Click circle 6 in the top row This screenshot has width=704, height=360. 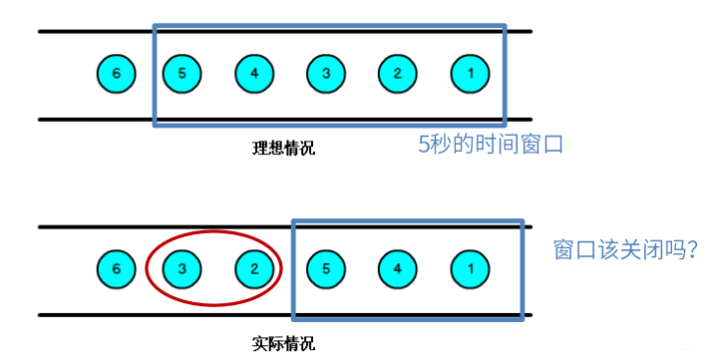point(116,73)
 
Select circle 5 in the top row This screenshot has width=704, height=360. point(180,73)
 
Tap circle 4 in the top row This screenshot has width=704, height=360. point(254,73)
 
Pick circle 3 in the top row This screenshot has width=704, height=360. point(325,73)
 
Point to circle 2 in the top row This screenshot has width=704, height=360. point(397,73)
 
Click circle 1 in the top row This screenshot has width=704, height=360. point(470,73)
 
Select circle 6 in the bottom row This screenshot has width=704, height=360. point(116,267)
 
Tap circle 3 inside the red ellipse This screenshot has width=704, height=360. point(181,267)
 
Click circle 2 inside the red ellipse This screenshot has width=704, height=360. point(254,267)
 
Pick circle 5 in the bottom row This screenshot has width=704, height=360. point(325,267)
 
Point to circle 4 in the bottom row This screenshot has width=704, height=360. point(397,267)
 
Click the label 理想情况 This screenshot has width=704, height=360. point(283,149)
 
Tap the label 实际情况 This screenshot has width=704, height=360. point(283,345)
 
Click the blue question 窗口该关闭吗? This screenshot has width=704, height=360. point(624,250)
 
